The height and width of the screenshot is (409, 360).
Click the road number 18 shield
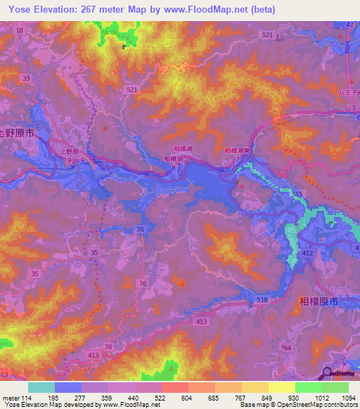pyautogui.click(x=19, y=31)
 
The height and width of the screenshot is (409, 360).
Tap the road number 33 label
pyautogui.click(x=26, y=79)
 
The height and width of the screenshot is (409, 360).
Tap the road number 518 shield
pyautogui.click(x=262, y=300)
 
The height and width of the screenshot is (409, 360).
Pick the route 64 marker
pyautogui.click(x=286, y=348)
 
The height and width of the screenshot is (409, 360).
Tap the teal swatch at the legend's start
pyautogui.click(x=41, y=387)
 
